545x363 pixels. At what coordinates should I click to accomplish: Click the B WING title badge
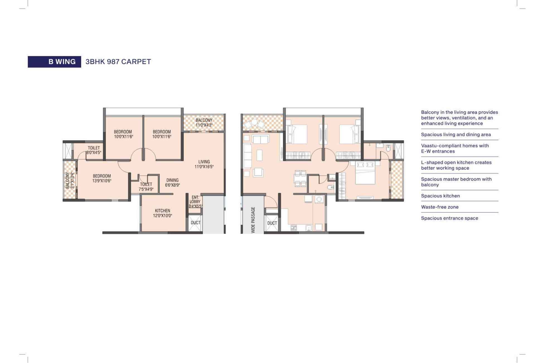(54, 62)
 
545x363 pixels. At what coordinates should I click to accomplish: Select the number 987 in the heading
(113, 62)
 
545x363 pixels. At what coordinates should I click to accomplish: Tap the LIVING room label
(204, 162)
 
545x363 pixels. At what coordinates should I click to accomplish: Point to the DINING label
(172, 180)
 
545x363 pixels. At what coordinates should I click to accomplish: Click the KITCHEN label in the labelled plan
(163, 211)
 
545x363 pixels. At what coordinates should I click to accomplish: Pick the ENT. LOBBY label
(195, 199)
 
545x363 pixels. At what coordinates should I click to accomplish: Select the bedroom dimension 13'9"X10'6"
(102, 181)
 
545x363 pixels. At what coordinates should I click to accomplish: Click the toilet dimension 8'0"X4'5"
(94, 152)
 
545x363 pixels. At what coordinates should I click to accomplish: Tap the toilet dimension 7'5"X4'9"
(146, 189)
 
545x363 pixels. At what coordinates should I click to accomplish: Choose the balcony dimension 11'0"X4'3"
(204, 125)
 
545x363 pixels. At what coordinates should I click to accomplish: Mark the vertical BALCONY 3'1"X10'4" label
(70, 181)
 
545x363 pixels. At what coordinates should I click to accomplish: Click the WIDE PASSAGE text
(253, 220)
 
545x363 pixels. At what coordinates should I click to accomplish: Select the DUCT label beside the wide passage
(272, 223)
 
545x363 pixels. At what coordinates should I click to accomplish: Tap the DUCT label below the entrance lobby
(195, 223)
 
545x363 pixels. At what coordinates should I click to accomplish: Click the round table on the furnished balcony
(255, 122)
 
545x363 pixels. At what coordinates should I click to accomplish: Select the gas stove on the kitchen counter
(294, 228)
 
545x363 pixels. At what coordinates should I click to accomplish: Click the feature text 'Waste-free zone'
(440, 207)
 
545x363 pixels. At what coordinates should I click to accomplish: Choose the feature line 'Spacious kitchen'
(440, 196)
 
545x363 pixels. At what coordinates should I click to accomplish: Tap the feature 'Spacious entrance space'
(449, 218)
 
